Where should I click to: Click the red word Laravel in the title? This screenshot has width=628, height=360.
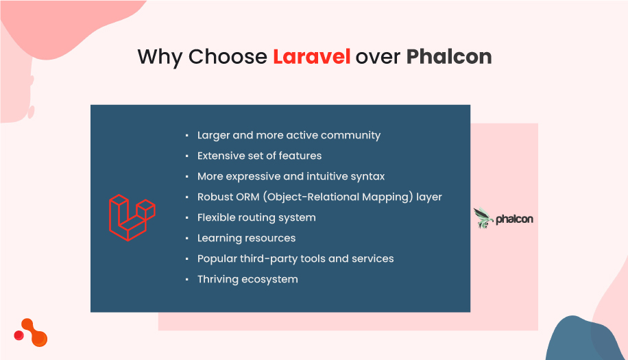(x=311, y=56)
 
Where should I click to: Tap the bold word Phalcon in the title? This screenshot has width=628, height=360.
(x=448, y=56)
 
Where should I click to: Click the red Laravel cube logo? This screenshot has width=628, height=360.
(x=132, y=218)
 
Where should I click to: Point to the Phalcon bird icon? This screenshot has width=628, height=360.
(x=483, y=218)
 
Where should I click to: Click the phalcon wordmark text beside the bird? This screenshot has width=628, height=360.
(x=514, y=219)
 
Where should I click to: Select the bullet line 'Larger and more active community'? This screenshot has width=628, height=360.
(x=289, y=136)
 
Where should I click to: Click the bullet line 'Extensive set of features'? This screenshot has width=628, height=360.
(x=259, y=156)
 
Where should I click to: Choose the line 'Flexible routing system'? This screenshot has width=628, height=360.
(x=256, y=217)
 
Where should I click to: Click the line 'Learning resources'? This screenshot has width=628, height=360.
(x=246, y=238)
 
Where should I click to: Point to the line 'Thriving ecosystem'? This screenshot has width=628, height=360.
(x=247, y=279)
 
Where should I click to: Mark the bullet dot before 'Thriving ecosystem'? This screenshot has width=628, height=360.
(x=186, y=280)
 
